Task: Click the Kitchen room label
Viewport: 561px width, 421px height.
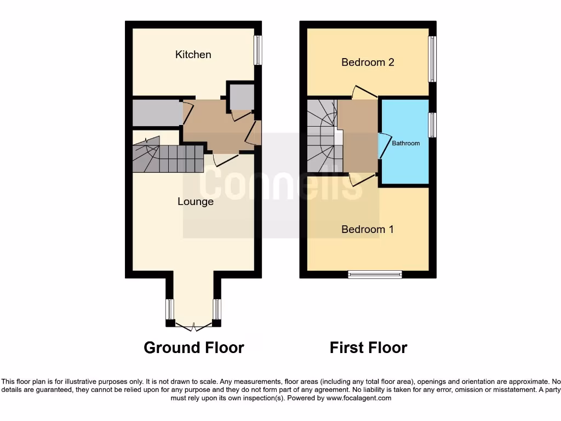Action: (x=193, y=54)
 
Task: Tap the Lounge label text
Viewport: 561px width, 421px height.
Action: (x=196, y=202)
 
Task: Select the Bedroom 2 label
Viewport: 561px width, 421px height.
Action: (x=368, y=62)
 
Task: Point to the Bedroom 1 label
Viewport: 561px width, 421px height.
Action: (x=368, y=229)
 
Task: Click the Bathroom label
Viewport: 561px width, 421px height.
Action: (x=406, y=143)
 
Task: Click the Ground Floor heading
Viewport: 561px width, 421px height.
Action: (x=193, y=347)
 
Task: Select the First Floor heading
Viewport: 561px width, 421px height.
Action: (x=368, y=347)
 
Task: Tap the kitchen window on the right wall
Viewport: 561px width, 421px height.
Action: (x=257, y=51)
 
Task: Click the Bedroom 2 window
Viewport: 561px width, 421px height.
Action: (x=432, y=59)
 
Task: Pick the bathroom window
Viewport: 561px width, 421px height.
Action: (x=432, y=125)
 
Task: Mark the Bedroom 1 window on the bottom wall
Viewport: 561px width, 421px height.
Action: (x=375, y=274)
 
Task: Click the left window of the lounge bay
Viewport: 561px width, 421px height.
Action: (x=170, y=310)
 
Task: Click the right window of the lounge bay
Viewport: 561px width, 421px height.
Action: (x=217, y=310)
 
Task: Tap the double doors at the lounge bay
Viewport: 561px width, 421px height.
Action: (x=193, y=327)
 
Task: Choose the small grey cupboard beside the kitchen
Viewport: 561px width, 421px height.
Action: (x=241, y=97)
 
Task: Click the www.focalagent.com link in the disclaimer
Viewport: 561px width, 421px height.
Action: (x=358, y=399)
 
